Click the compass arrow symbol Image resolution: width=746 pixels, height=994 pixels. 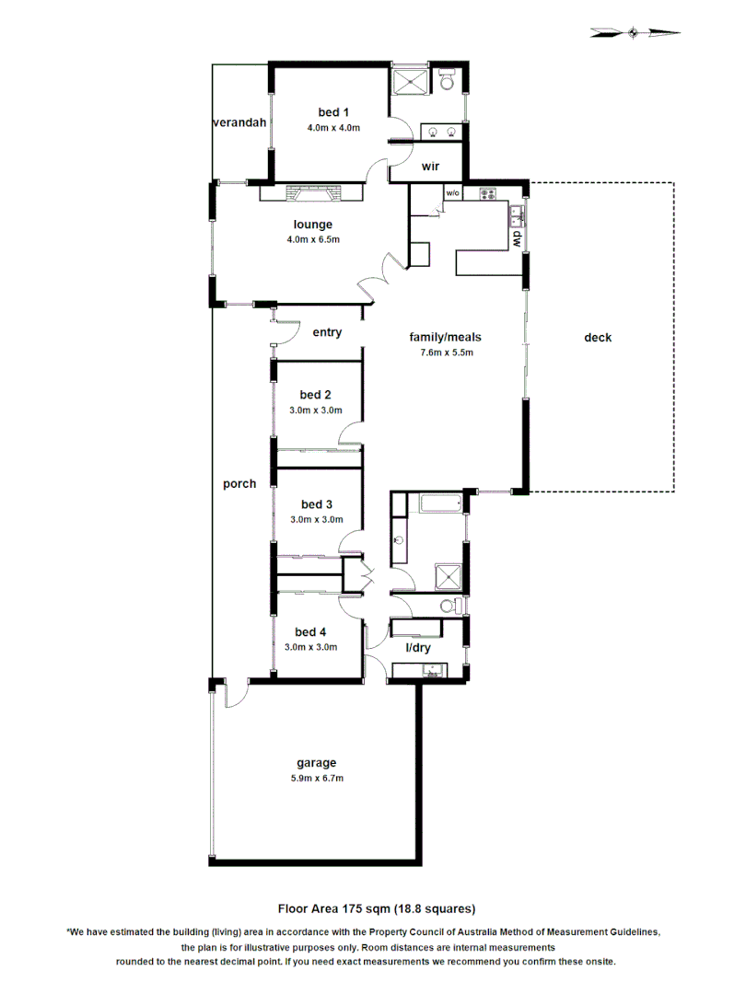pos(635,33)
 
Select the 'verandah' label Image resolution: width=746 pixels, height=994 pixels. pos(239,122)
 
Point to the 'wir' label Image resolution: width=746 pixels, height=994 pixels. pos(429,167)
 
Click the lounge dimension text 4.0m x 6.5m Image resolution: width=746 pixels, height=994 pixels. pos(313,240)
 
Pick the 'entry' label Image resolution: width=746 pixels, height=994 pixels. pos(327,332)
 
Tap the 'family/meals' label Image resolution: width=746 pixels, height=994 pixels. pos(446,337)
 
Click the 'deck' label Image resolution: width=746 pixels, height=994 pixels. pos(598,338)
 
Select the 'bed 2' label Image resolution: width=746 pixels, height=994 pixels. pos(316,395)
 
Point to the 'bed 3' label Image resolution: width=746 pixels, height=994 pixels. pos(316,504)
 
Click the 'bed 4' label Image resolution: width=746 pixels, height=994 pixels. pos(310,631)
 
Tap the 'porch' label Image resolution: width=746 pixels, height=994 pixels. pos(239,483)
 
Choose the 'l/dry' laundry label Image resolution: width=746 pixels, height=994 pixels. pos(419,648)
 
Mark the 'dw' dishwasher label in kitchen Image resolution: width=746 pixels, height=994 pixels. pos(517,238)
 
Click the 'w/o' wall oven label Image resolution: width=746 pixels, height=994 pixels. pos(453,194)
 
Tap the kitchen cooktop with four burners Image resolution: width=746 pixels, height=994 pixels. pos(487,194)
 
